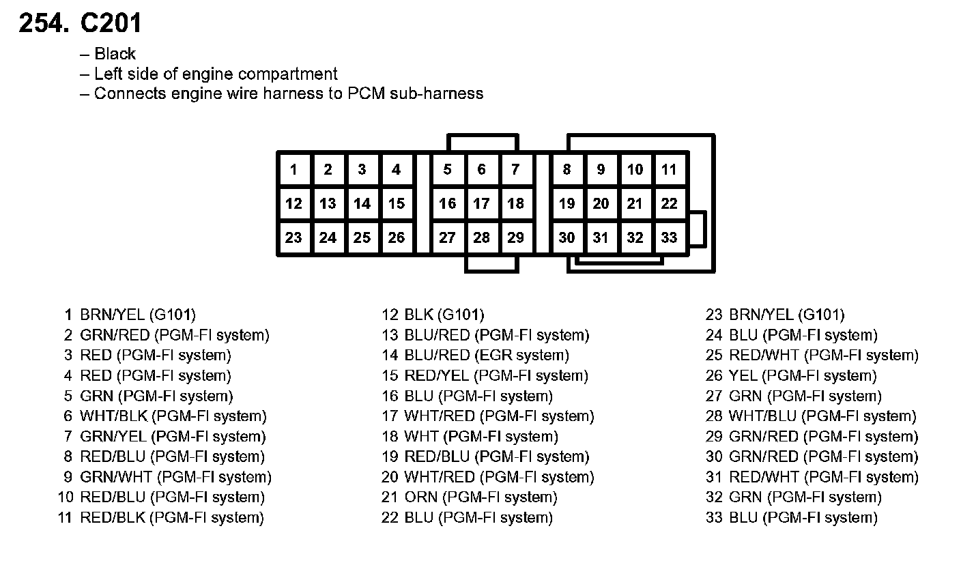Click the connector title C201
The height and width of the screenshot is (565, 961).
pyautogui.click(x=111, y=24)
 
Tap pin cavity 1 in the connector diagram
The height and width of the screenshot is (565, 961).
pyautogui.click(x=293, y=170)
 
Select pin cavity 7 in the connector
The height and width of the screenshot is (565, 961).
pyautogui.click(x=516, y=170)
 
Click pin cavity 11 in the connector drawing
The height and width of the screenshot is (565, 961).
pyautogui.click(x=670, y=170)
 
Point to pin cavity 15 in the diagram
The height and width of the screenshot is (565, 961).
pyautogui.click(x=397, y=203)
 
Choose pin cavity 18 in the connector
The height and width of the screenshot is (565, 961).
pyautogui.click(x=516, y=203)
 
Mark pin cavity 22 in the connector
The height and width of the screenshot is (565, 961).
pyautogui.click(x=670, y=203)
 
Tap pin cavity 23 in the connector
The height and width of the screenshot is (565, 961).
pyautogui.click(x=293, y=237)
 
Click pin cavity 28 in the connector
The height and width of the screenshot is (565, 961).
pyautogui.click(x=482, y=237)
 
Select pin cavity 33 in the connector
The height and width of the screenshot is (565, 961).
pyautogui.click(x=670, y=237)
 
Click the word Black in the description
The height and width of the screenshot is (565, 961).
pyautogui.click(x=115, y=54)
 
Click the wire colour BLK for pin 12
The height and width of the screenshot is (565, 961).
pyautogui.click(x=418, y=315)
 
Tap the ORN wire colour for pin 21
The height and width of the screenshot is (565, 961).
pyautogui.click(x=420, y=497)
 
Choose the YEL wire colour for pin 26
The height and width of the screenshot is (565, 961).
pyautogui.click(x=743, y=376)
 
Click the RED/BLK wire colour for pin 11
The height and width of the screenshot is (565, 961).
pyautogui.click(x=113, y=518)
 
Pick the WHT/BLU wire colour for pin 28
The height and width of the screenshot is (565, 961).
pyautogui.click(x=763, y=416)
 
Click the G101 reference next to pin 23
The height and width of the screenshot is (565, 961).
pyautogui.click(x=821, y=315)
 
